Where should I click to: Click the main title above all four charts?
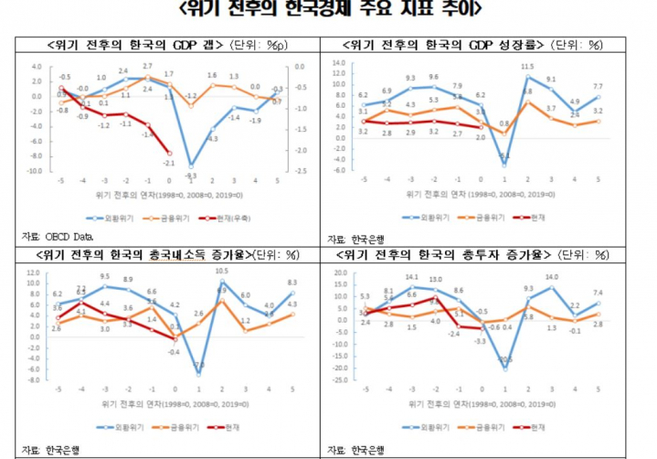coord(328,12)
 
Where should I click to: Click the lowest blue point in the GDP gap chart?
coord(191,164)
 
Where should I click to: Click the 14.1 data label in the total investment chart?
coord(411,276)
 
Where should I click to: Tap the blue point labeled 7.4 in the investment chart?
coord(597,303)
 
